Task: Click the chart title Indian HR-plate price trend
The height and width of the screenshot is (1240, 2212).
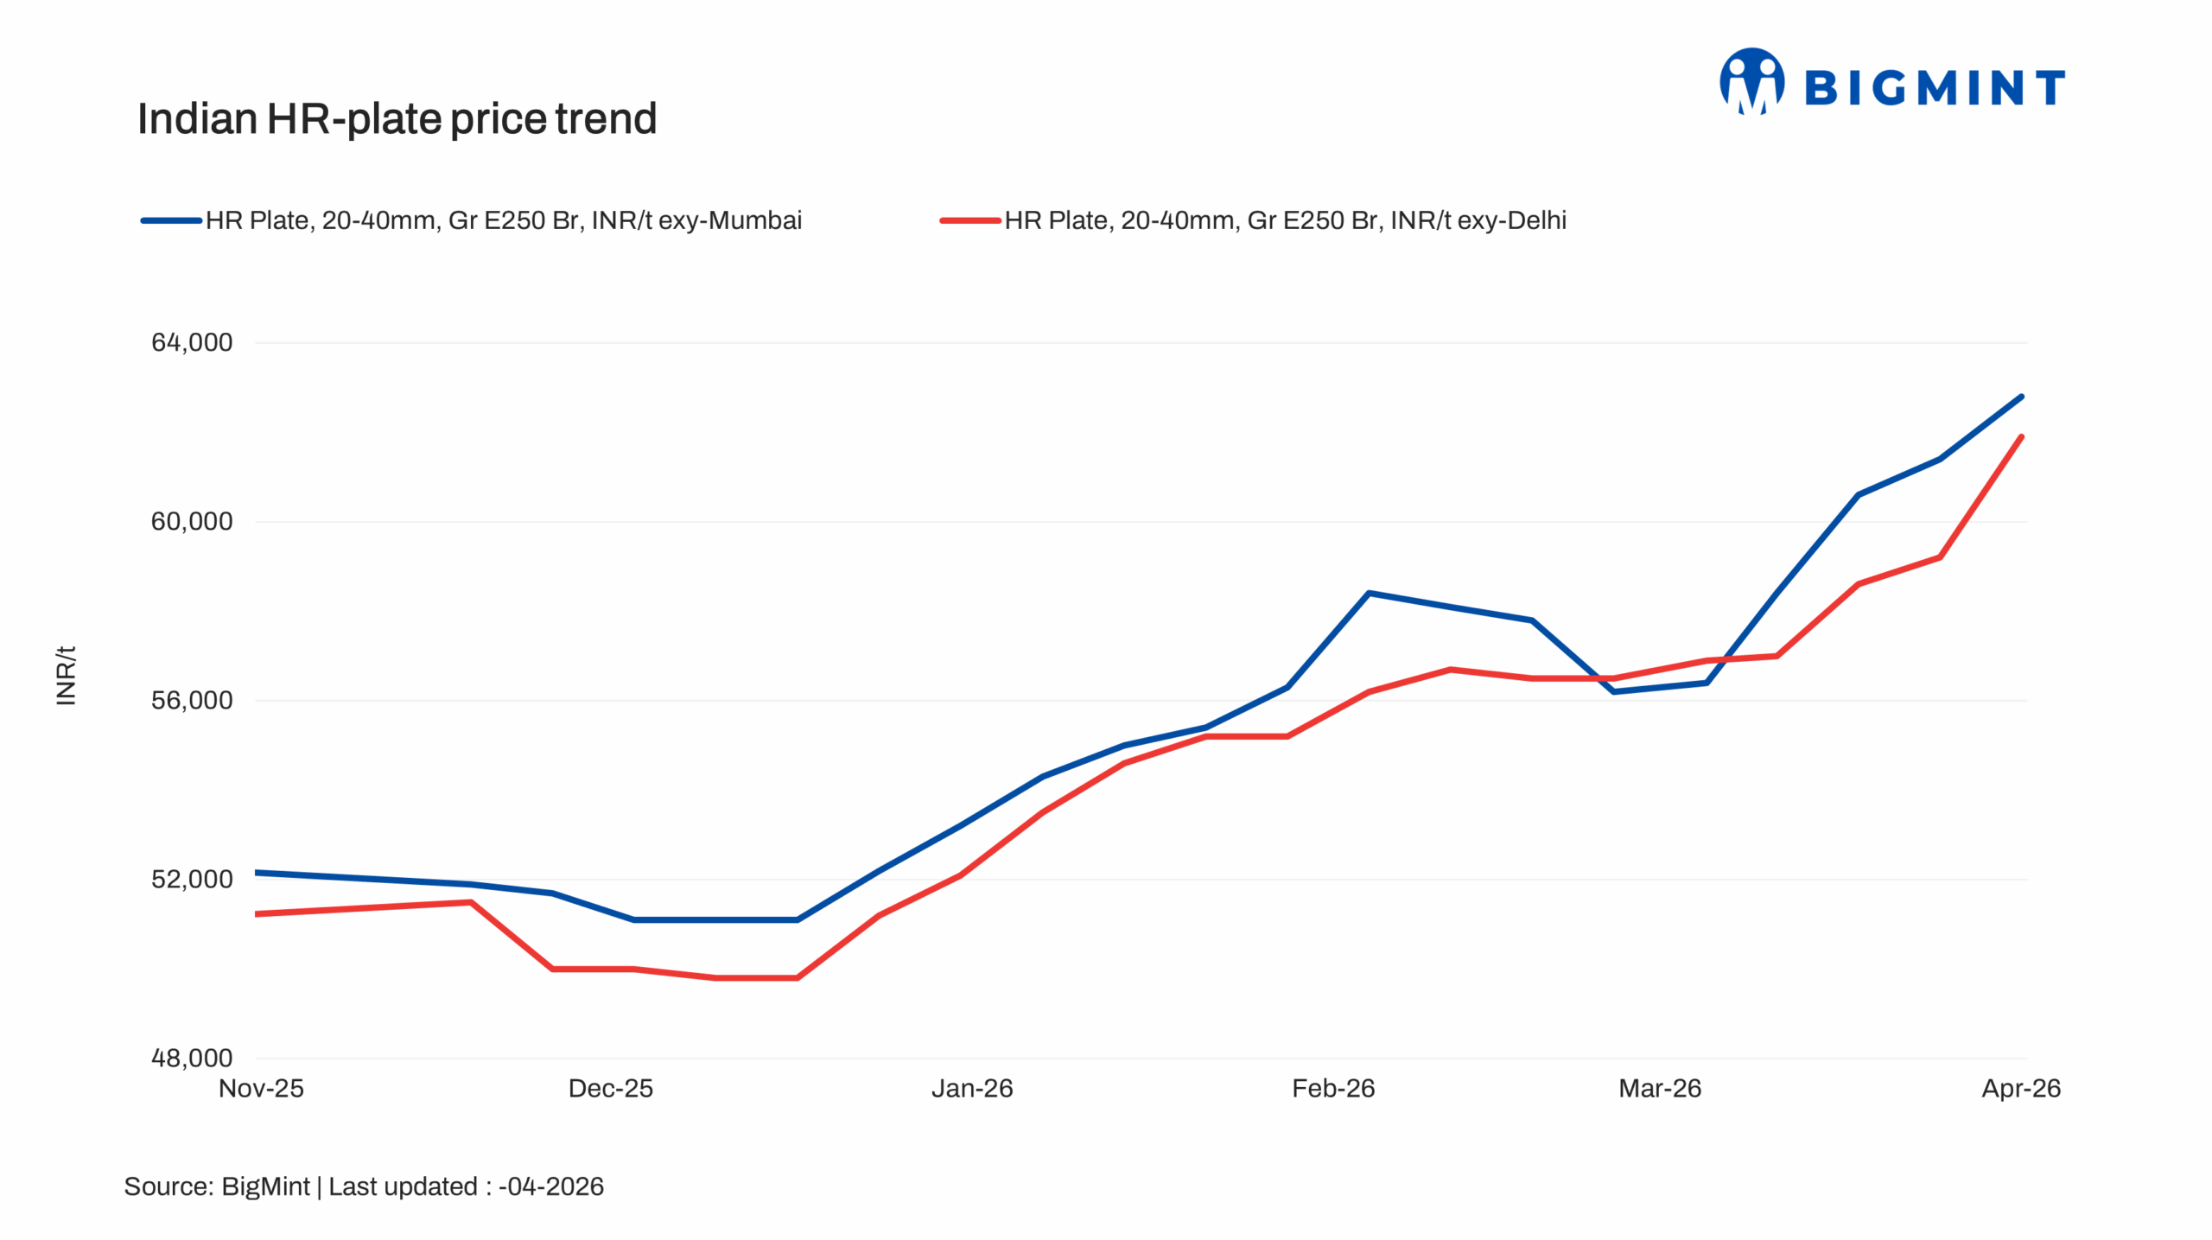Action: (397, 118)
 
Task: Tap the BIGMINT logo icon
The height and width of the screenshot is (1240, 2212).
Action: (1751, 82)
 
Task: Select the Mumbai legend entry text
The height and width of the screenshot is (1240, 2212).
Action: (503, 220)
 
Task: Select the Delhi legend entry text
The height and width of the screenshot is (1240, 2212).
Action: (1284, 220)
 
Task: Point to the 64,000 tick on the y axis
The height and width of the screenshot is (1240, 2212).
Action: (192, 342)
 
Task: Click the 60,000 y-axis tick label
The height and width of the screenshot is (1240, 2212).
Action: (192, 521)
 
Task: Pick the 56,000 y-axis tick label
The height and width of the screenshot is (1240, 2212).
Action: (192, 700)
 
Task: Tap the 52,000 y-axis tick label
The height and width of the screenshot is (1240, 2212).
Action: (192, 879)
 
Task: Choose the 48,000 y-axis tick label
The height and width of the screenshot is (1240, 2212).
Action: (192, 1058)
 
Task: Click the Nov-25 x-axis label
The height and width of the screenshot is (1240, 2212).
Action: (261, 1088)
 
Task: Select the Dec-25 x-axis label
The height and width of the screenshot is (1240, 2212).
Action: (610, 1088)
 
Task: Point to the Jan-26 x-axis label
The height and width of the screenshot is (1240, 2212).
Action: (971, 1088)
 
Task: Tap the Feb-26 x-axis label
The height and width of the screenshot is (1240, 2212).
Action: (1332, 1088)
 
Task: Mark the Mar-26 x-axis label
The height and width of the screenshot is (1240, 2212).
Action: (1659, 1088)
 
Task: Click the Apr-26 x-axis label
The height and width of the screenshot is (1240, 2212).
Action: (2020, 1088)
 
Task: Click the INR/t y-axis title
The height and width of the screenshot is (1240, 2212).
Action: (66, 675)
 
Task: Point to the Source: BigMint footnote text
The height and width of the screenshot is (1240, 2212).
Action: (363, 1186)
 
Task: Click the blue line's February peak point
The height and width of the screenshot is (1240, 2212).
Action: (1369, 593)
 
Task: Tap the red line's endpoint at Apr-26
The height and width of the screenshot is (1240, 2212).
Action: (2022, 436)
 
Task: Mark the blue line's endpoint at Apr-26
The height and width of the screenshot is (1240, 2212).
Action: (2022, 397)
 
